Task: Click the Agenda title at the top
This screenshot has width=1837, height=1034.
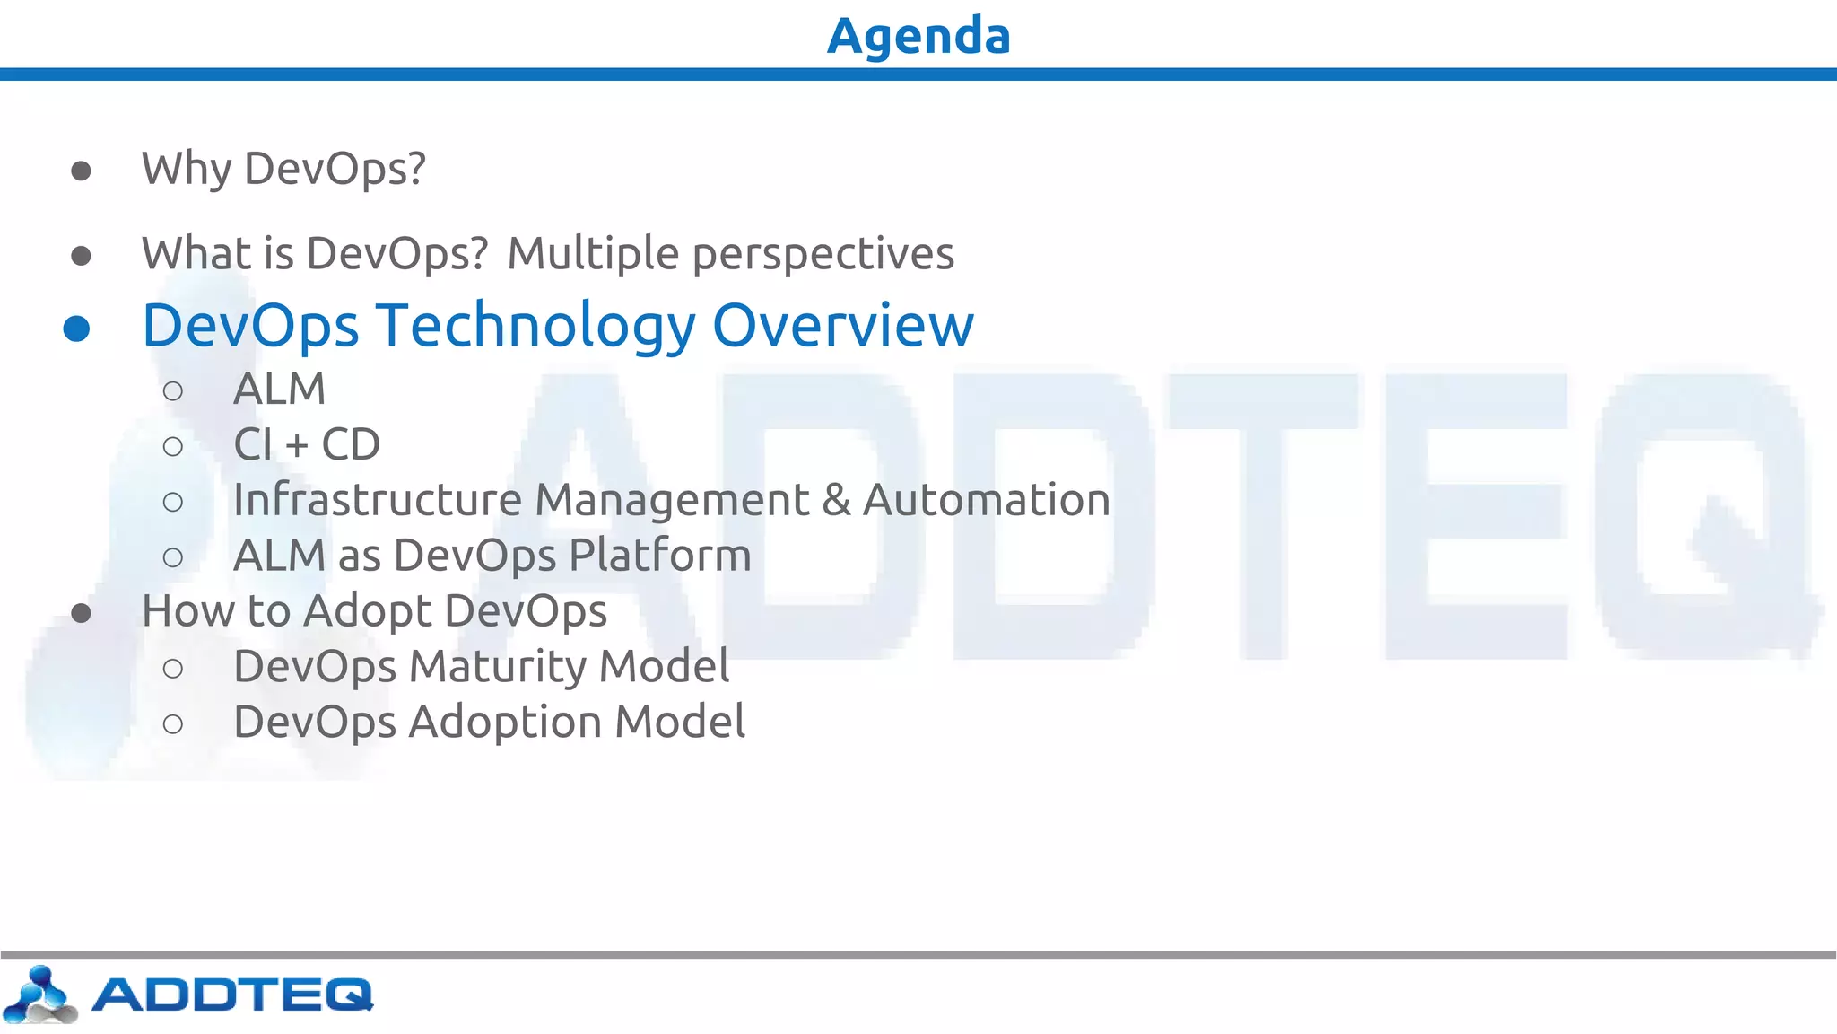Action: click(x=918, y=36)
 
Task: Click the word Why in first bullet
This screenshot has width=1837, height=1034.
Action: click(x=186, y=169)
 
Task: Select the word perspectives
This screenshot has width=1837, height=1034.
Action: click(x=823, y=254)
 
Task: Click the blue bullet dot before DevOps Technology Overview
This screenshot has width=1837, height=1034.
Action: click(x=77, y=329)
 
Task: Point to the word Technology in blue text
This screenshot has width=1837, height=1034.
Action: click(x=535, y=326)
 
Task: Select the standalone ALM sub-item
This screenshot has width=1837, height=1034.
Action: click(x=279, y=390)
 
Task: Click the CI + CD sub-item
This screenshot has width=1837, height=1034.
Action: click(x=307, y=444)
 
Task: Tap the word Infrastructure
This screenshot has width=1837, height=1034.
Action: click(x=377, y=500)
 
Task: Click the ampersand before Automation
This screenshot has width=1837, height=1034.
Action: click(x=836, y=500)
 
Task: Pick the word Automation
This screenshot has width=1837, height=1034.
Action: click(x=986, y=500)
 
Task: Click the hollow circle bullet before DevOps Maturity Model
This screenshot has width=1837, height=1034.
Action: click(x=173, y=668)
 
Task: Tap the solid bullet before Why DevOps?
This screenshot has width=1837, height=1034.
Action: click(x=81, y=171)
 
